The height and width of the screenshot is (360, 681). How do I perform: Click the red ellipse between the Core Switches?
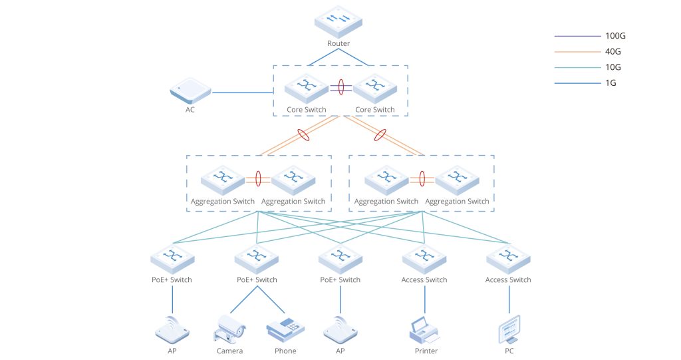(341, 87)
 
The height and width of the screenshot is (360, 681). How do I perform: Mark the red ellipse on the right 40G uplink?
(380, 135)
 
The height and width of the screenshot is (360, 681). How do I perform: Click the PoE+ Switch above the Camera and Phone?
(257, 258)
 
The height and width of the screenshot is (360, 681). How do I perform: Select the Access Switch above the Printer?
(424, 258)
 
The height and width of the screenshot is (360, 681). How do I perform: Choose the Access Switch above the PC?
(508, 258)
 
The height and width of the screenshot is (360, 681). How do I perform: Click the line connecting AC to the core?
(239, 92)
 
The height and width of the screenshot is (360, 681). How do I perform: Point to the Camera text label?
(229, 351)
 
